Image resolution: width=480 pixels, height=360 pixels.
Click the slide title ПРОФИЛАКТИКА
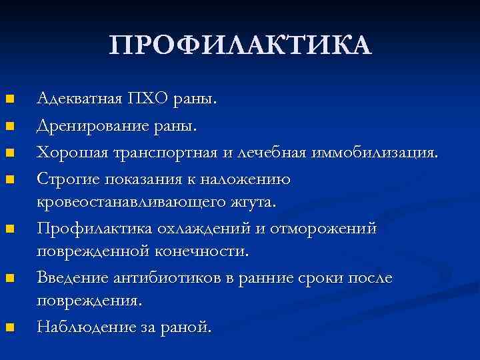240,45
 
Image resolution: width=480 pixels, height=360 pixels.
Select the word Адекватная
79,99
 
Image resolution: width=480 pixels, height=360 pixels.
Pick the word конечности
205,251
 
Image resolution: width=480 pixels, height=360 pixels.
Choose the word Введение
71,278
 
